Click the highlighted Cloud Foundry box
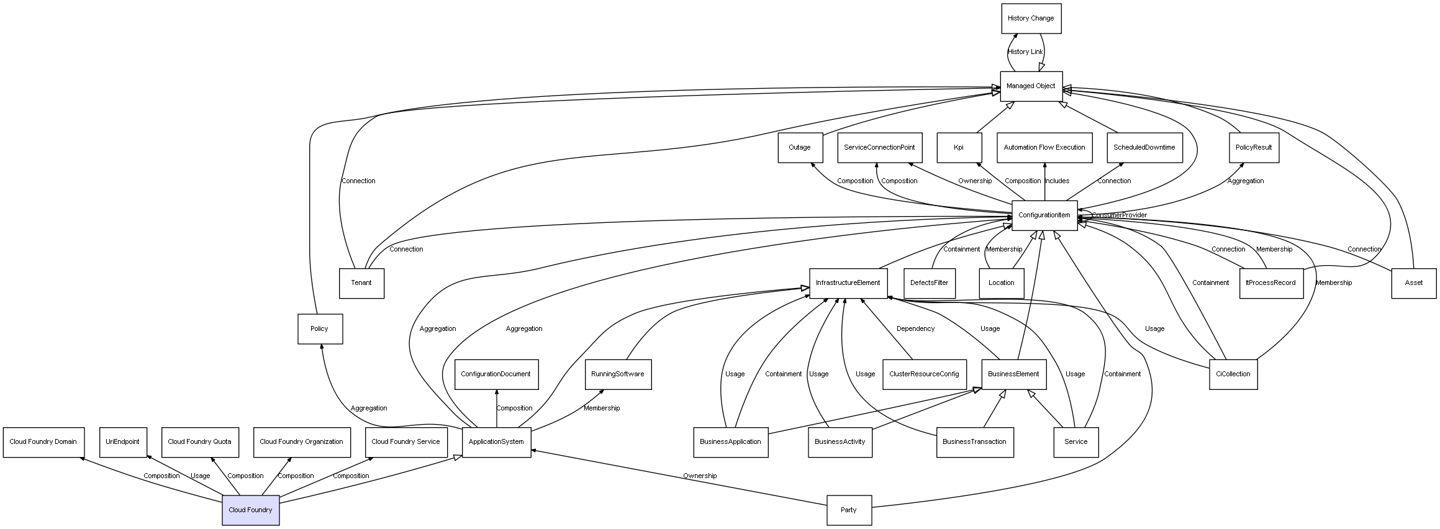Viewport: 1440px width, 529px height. pos(251,510)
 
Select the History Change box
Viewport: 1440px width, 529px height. pos(1031,19)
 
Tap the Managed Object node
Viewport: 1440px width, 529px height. pos(1031,86)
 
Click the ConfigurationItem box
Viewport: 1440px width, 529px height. pos(1044,215)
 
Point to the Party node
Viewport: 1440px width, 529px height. pos(849,510)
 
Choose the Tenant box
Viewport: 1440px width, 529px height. pos(361,283)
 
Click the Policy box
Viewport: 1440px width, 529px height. pos(320,328)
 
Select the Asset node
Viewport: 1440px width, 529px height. pos(1414,283)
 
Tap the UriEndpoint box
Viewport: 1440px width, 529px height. pos(123,442)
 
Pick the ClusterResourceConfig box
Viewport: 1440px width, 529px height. pos(924,374)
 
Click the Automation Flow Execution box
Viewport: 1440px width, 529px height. pos(1044,148)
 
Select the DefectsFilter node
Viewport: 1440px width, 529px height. pos(930,283)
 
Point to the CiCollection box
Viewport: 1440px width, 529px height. pos(1233,374)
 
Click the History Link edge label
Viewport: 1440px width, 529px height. pos(1025,52)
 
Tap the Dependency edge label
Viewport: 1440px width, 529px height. pos(915,329)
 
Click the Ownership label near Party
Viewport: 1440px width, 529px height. pos(700,476)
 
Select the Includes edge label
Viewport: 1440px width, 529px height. pos(1057,181)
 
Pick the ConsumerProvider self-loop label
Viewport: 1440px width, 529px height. pos(1119,215)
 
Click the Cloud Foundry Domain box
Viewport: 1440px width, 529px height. pos(43,442)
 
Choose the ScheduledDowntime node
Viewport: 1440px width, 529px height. pos(1144,148)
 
